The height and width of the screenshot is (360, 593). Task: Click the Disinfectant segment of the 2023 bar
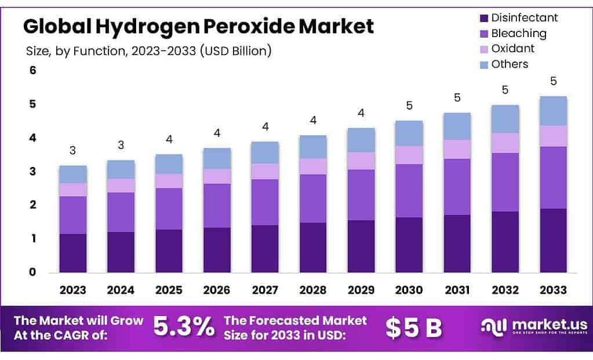coord(72,253)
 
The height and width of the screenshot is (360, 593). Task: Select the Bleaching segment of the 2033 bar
coord(553,177)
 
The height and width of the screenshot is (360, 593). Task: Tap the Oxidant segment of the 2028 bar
coord(313,166)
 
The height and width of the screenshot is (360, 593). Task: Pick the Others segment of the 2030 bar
coord(409,133)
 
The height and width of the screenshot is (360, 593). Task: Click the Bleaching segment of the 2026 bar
coord(217,205)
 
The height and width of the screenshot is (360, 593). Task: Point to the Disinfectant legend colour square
coord(482,17)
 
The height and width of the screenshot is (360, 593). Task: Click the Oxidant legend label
coord(512,48)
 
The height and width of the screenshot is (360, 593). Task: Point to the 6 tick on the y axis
coord(33,71)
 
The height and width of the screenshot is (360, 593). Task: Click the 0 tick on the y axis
coord(33,272)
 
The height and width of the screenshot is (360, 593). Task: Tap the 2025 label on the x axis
coord(169,290)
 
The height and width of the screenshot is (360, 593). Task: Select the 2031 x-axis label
coord(457,290)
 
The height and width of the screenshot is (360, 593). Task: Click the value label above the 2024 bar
coord(121,145)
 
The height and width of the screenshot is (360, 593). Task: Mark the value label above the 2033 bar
coord(553,81)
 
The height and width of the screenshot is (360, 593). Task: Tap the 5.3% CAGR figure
coord(184,328)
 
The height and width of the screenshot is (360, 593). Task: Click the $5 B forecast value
coord(414,328)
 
